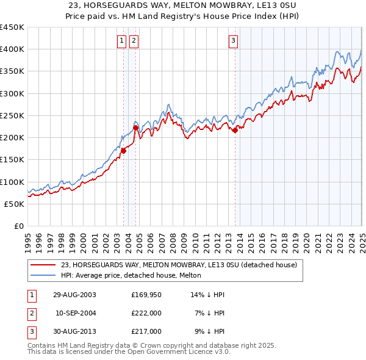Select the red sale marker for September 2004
(x=135, y=128)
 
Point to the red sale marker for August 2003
(x=123, y=151)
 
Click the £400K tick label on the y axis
(x=12, y=49)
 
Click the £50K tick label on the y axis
(x=15, y=204)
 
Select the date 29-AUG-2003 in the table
(x=74, y=294)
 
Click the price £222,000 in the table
(x=146, y=313)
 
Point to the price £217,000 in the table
(x=146, y=331)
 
